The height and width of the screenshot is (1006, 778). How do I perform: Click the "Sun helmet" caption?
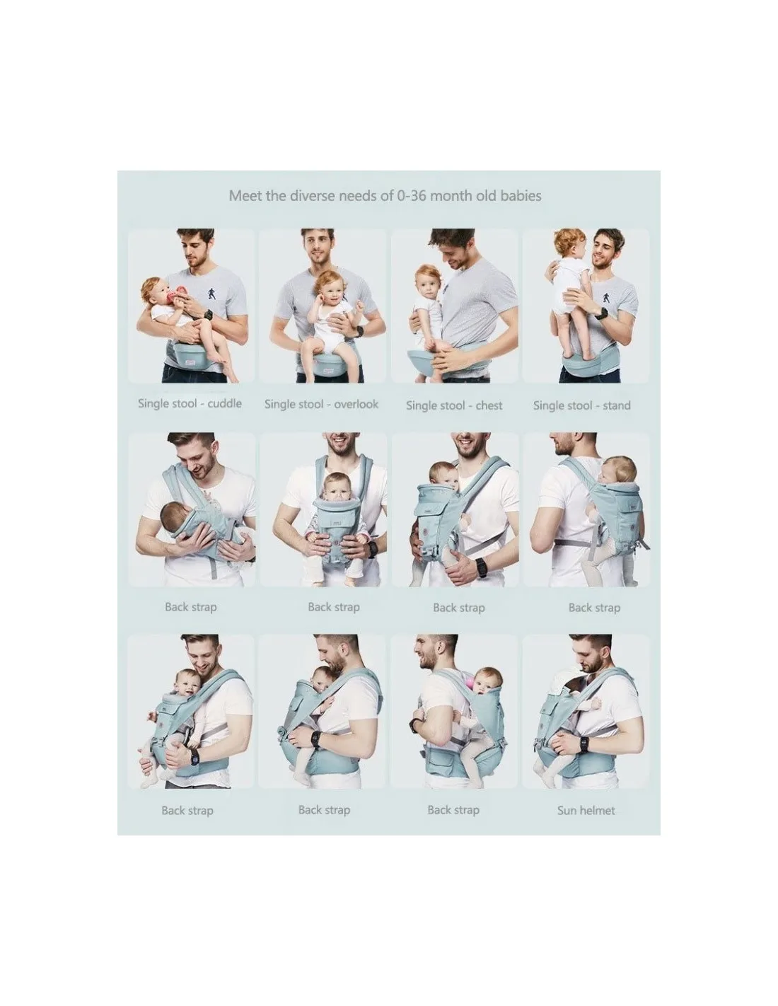tap(586, 810)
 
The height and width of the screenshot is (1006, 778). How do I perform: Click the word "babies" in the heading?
tap(521, 196)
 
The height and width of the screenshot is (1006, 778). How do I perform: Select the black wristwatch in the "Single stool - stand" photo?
tap(600, 313)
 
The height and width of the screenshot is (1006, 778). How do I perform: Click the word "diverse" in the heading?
tap(312, 196)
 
